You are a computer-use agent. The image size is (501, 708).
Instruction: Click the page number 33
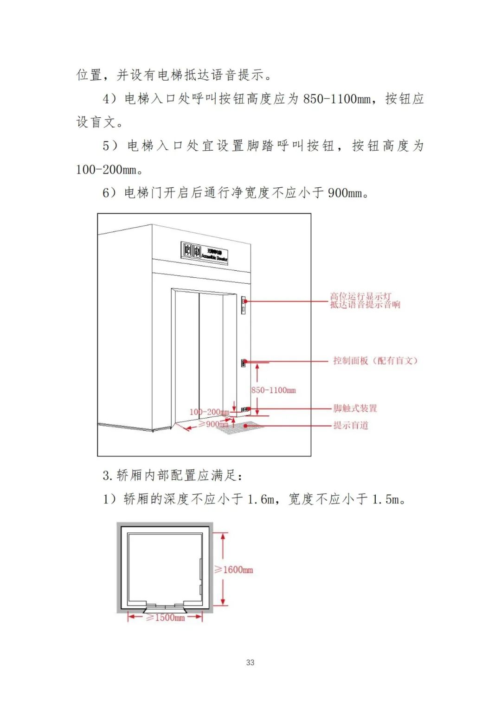(x=250, y=662)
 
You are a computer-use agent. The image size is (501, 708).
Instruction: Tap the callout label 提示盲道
(x=351, y=425)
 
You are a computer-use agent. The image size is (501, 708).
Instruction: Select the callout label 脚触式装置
(x=355, y=408)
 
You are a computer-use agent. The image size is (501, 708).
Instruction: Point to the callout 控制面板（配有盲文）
(x=375, y=361)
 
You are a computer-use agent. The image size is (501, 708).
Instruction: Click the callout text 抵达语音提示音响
(x=365, y=305)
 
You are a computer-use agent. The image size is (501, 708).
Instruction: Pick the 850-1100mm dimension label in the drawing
(x=274, y=390)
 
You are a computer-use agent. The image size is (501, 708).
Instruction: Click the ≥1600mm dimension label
(x=234, y=570)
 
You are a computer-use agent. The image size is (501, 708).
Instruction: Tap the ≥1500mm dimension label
(x=166, y=618)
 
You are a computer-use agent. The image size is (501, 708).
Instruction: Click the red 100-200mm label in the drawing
(x=209, y=412)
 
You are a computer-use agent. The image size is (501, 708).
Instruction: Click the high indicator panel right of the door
(x=243, y=305)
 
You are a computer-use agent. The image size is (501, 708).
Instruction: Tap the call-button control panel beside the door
(x=243, y=363)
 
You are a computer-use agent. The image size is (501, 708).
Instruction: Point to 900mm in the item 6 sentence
(x=345, y=193)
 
